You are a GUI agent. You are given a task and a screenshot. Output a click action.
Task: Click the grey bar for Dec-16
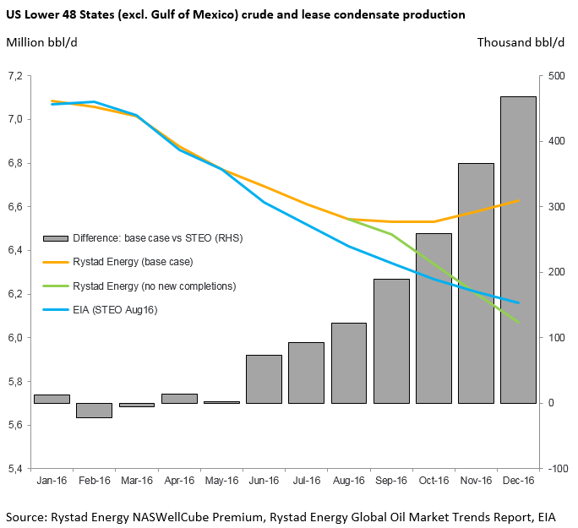(x=518, y=249)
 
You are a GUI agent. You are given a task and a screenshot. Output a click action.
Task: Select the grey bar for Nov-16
(x=476, y=283)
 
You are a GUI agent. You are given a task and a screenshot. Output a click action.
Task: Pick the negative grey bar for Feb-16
(x=94, y=410)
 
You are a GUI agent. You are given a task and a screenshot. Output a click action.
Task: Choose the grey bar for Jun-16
(x=264, y=378)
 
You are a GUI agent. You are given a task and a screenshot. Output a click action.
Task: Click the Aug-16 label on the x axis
(x=348, y=481)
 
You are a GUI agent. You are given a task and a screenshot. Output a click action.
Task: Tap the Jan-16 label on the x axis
(x=52, y=481)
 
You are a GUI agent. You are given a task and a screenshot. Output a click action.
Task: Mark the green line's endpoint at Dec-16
(x=518, y=322)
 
